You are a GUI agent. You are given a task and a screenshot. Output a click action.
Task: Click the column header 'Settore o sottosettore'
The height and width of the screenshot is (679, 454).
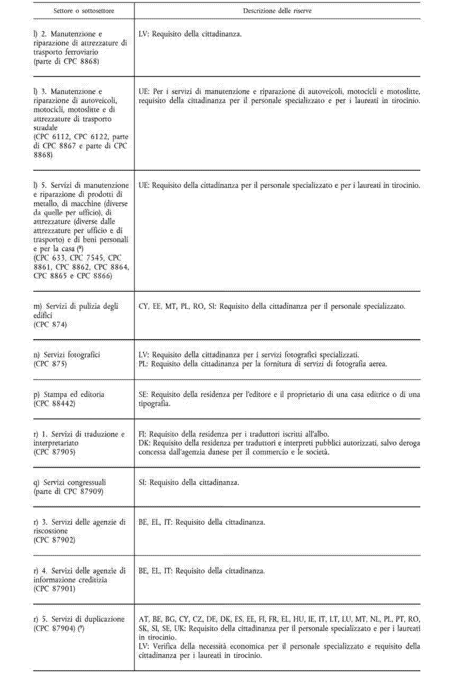[x=84, y=11]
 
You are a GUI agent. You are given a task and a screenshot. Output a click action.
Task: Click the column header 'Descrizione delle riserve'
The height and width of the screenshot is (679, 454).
[x=277, y=11]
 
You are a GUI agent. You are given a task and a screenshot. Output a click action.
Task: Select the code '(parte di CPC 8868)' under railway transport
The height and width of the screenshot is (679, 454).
[x=66, y=61]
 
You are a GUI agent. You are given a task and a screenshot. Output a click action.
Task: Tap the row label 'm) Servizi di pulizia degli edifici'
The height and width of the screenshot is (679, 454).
[x=76, y=310]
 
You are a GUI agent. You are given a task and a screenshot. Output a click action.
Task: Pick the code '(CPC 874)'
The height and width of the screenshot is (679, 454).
[x=50, y=325]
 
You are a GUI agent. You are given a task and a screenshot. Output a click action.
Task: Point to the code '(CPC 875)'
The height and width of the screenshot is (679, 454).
[x=50, y=363]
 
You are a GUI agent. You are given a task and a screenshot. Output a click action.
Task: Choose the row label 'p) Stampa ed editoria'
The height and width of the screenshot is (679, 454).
[x=69, y=394]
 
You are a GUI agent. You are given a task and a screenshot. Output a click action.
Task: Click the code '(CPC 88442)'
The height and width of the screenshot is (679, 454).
[x=54, y=403]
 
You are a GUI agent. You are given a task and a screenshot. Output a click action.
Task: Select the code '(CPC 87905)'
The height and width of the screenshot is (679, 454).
[x=54, y=452]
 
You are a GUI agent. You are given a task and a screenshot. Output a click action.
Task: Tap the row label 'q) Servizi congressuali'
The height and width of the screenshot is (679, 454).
[x=70, y=482]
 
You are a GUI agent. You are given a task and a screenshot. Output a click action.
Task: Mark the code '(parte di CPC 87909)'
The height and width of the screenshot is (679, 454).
[x=68, y=491]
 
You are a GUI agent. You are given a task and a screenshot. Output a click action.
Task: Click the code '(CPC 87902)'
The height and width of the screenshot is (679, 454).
[x=54, y=540]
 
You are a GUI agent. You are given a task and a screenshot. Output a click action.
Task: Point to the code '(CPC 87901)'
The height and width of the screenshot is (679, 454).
[x=54, y=588]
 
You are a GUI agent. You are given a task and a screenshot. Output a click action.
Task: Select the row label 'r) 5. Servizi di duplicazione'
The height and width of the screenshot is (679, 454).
[x=79, y=619]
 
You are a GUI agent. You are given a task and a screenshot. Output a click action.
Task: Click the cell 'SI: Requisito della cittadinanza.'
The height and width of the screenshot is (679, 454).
[x=189, y=482]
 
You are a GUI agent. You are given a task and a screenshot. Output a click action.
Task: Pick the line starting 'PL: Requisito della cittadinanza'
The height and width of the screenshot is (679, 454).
[x=263, y=363]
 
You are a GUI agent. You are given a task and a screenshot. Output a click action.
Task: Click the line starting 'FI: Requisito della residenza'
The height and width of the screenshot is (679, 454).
[x=234, y=434]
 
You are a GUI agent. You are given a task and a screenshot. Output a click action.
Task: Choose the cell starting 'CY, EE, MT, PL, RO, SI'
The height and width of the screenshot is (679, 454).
[x=272, y=306]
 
